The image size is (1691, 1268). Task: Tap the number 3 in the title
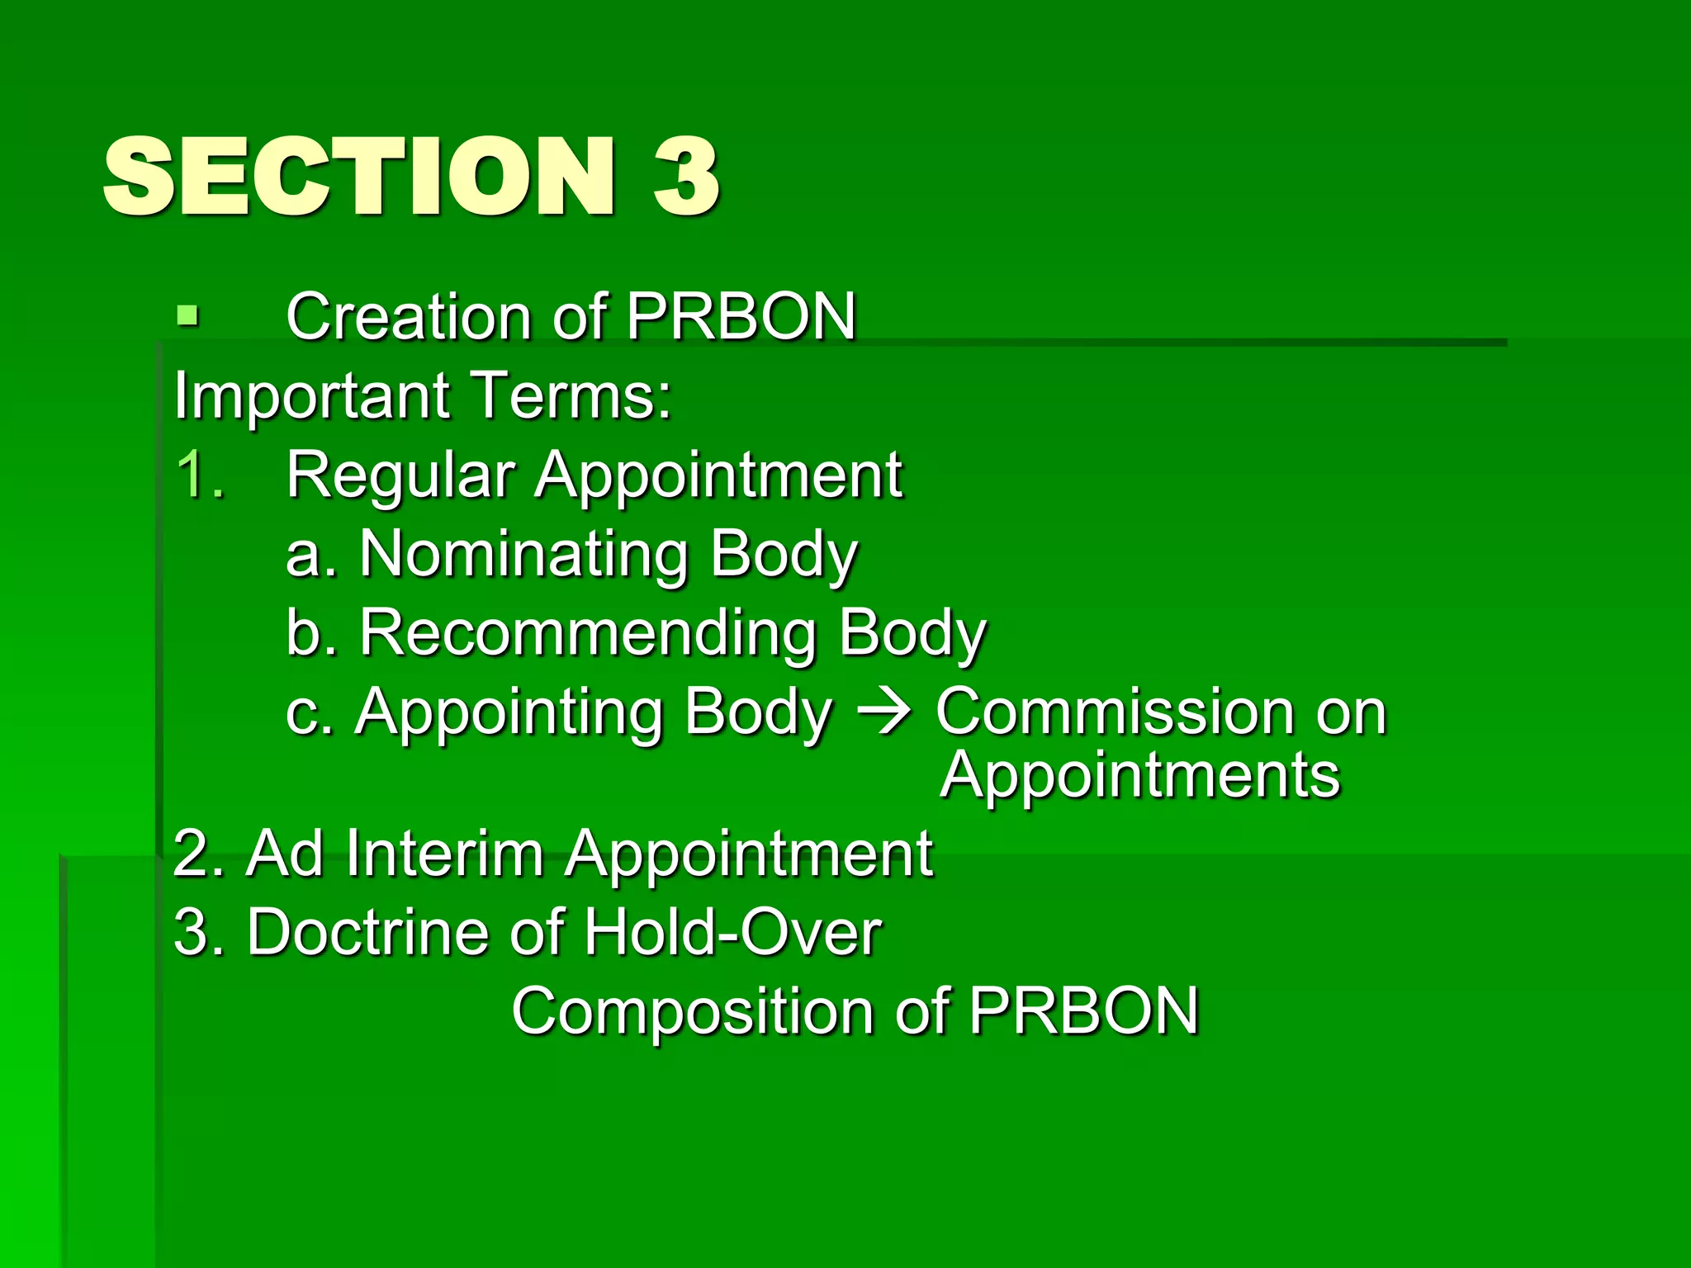pos(686,177)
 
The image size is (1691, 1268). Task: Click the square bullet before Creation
pos(188,315)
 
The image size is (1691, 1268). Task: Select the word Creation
pos(409,317)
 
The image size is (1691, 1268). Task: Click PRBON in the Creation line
pos(741,317)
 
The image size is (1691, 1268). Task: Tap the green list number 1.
pos(198,475)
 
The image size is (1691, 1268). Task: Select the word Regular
pos(400,477)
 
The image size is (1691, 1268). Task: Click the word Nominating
pos(524,555)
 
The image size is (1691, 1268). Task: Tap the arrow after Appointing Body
pos(883,712)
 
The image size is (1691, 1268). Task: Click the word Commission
pos(1115,712)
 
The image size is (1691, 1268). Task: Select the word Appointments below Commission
pos(1140,776)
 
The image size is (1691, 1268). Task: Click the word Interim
pos(445,854)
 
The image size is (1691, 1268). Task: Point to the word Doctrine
pos(369,933)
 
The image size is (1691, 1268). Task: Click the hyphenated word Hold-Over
pos(732,933)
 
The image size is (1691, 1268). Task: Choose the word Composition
pos(692,1012)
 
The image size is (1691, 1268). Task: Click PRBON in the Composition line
pos(1083,1010)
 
